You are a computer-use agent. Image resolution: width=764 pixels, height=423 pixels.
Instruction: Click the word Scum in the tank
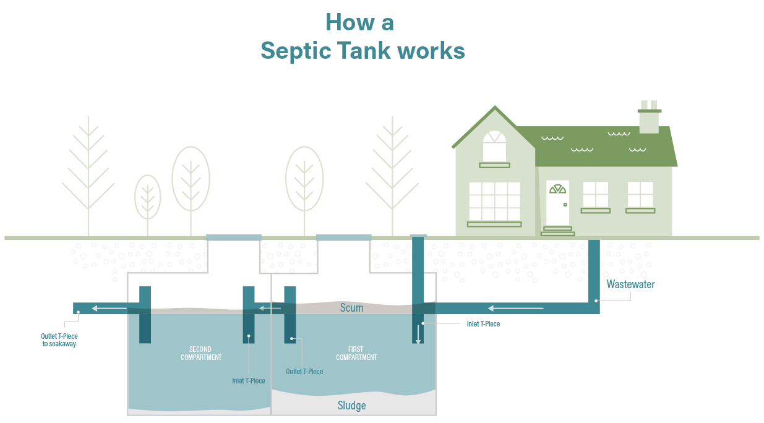pyautogui.click(x=351, y=307)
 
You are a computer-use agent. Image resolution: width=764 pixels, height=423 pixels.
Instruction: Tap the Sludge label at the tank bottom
pyautogui.click(x=351, y=406)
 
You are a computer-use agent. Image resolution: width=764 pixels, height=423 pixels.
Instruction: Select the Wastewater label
pyautogui.click(x=630, y=284)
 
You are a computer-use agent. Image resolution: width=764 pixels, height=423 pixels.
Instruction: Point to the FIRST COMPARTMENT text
pyautogui.click(x=356, y=353)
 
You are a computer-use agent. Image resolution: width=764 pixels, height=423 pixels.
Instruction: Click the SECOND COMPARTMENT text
pyautogui.click(x=201, y=353)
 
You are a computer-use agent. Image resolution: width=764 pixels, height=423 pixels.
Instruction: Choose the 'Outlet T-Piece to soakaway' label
pyautogui.click(x=59, y=340)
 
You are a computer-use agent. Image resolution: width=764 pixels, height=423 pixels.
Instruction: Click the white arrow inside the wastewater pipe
pyautogui.click(x=515, y=308)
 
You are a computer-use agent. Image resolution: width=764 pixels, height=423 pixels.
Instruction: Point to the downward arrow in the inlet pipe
pyautogui.click(x=418, y=334)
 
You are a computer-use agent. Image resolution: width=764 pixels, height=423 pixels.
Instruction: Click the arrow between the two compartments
pyautogui.click(x=270, y=308)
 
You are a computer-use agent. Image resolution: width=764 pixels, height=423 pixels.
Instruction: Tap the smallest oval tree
pyautogui.click(x=148, y=197)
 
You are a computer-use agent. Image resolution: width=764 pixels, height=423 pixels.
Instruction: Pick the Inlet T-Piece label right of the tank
pyautogui.click(x=483, y=323)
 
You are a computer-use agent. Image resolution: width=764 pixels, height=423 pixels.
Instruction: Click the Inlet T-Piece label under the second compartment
pyautogui.click(x=249, y=380)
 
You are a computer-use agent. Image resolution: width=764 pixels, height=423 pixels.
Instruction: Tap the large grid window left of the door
pyautogui.click(x=494, y=201)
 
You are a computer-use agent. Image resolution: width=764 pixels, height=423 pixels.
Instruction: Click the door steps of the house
pyautogui.click(x=557, y=231)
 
